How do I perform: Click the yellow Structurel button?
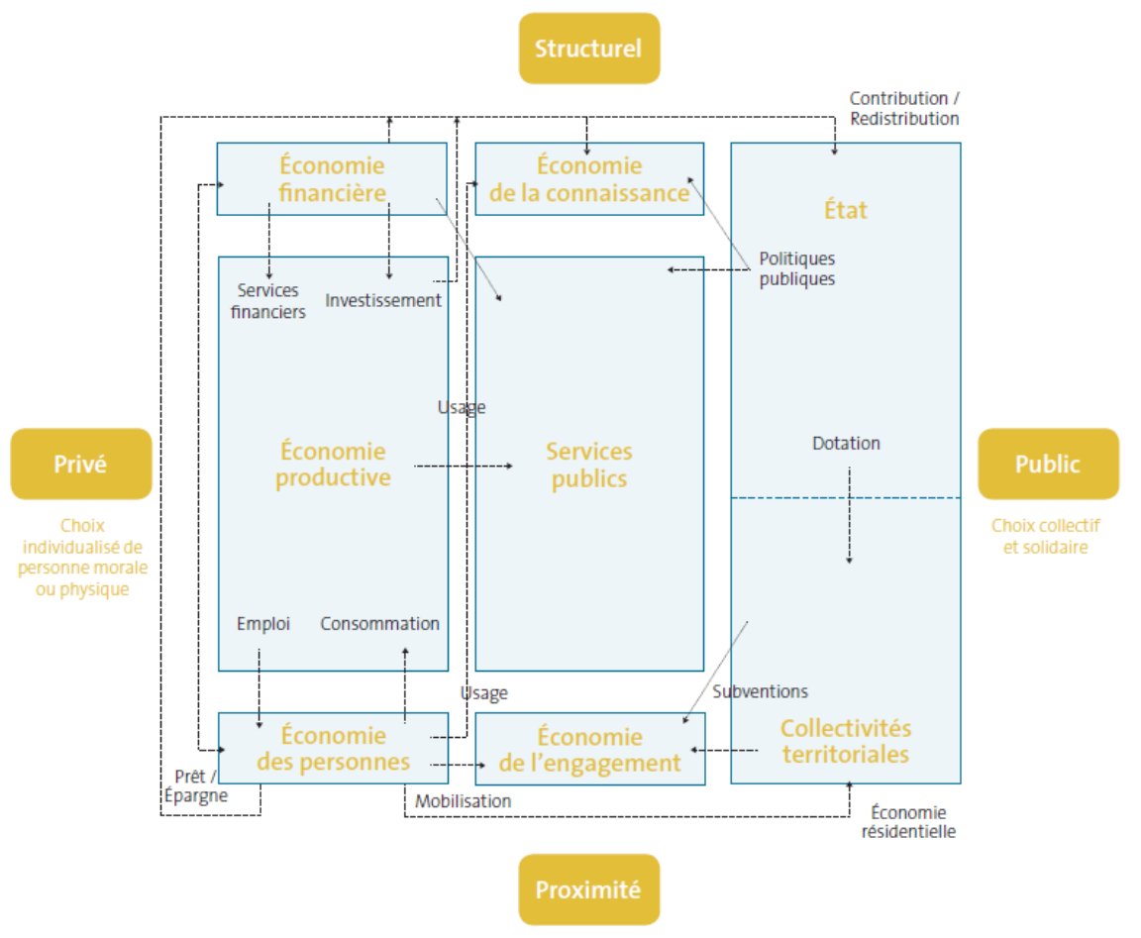588,48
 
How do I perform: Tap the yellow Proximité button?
588,889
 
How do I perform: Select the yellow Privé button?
80,464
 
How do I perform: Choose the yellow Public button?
1047,464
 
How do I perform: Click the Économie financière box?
332,178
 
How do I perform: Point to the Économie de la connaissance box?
589,178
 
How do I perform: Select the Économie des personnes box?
332,748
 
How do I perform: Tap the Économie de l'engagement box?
589,749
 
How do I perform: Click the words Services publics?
588,465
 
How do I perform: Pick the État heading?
845,210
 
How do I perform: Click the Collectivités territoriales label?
845,741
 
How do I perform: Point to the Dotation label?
846,443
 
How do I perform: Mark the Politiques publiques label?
796,268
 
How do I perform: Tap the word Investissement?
383,300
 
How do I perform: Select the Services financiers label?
268,301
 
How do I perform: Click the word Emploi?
263,624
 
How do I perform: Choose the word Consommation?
379,624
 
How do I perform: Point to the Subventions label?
760,691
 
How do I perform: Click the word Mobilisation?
463,800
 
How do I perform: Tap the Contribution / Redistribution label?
903,108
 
